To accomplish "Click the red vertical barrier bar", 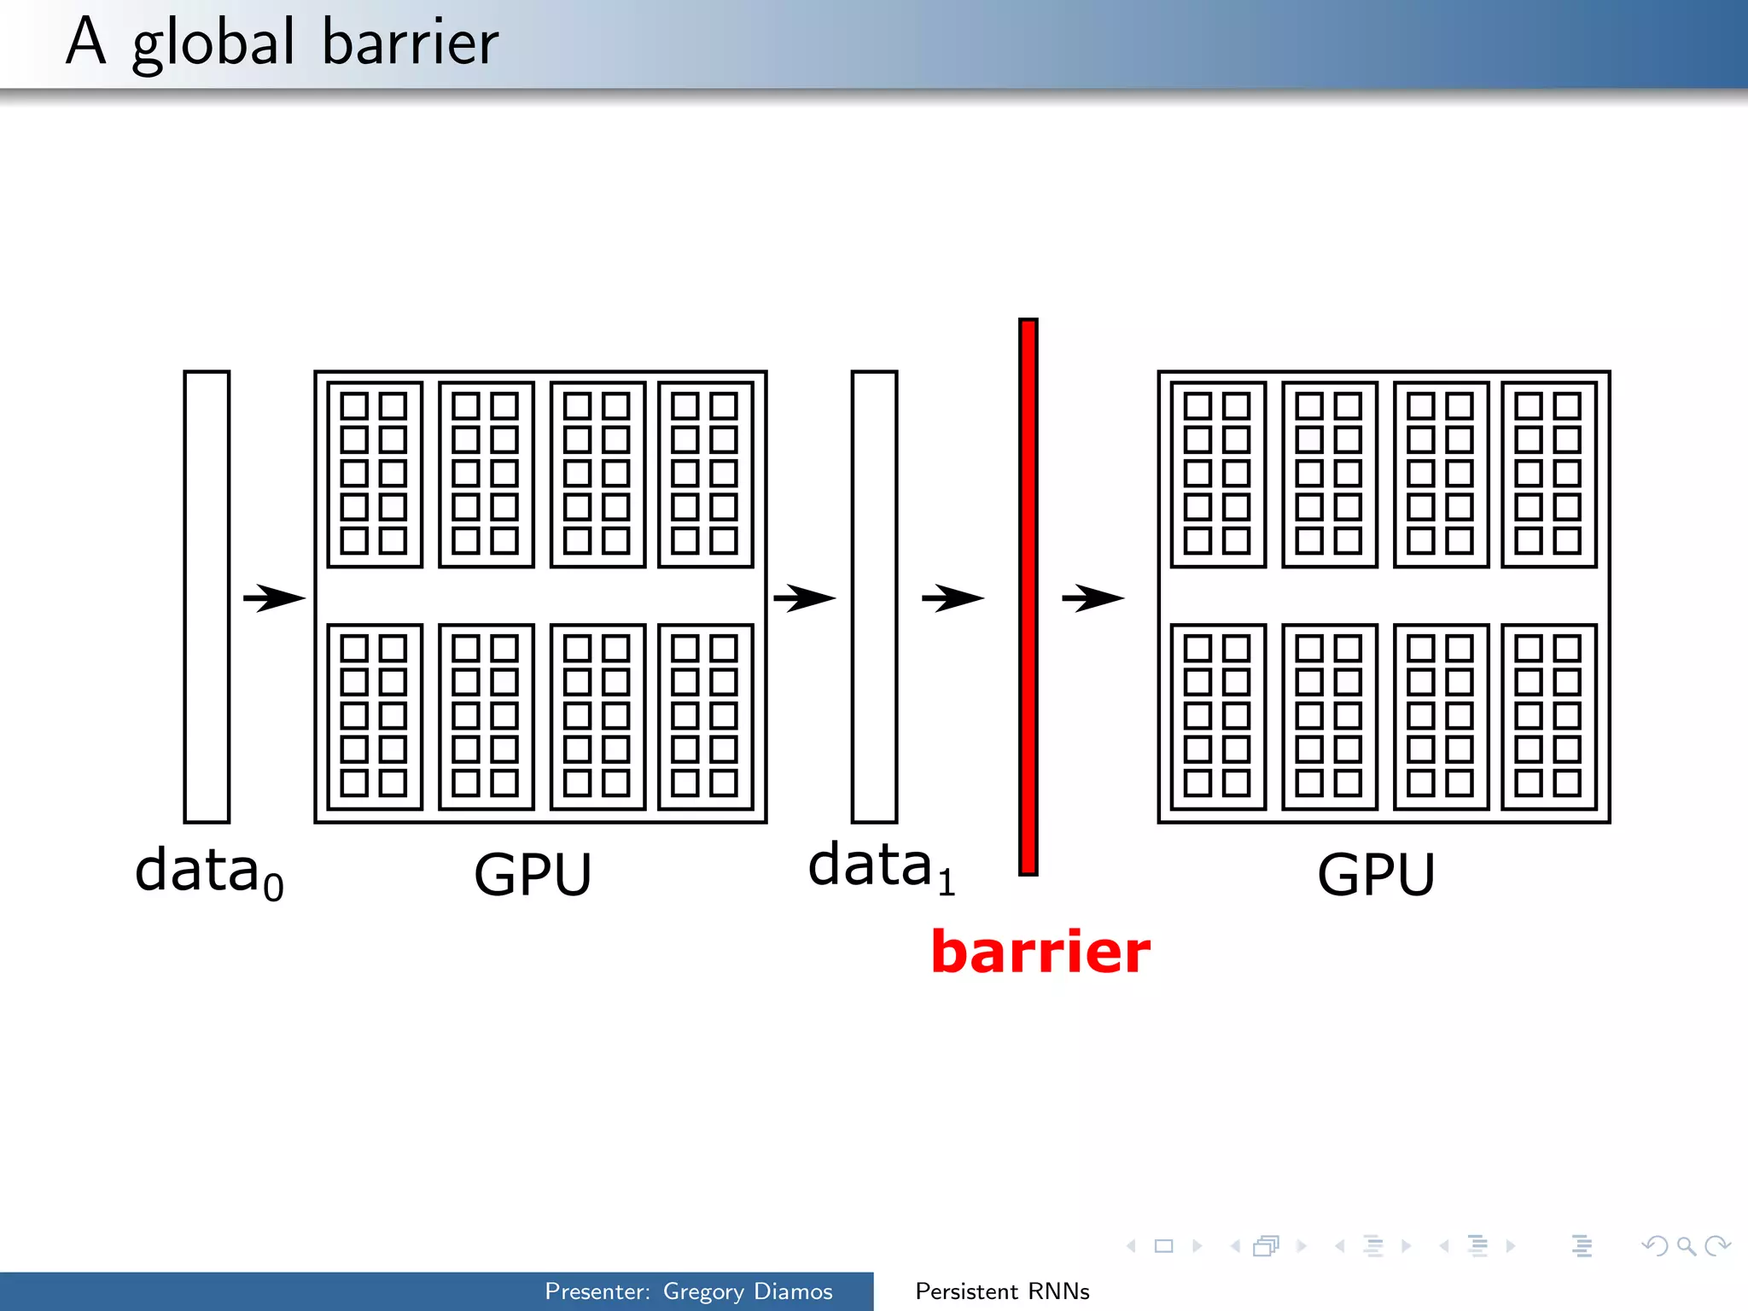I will pos(1028,597).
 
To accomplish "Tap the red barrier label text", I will pos(1040,952).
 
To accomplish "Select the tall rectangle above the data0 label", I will pos(207,597).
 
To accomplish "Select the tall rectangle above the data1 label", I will pos(874,597).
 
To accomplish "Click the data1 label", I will pos(881,865).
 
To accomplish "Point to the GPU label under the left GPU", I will pos(533,874).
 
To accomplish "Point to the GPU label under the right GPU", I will pos(1376,874).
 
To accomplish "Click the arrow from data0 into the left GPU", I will pos(274,597).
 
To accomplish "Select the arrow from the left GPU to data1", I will pos(804,597).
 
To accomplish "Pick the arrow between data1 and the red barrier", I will pos(953,597).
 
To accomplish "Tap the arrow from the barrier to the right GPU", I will pos(1092,597).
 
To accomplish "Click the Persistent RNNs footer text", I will pos(1002,1291).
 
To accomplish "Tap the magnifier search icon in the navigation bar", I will pos(1686,1246).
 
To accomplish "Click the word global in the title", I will pos(213,44).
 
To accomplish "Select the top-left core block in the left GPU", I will pos(375,475).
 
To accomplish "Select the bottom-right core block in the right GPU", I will pos(1548,717).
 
